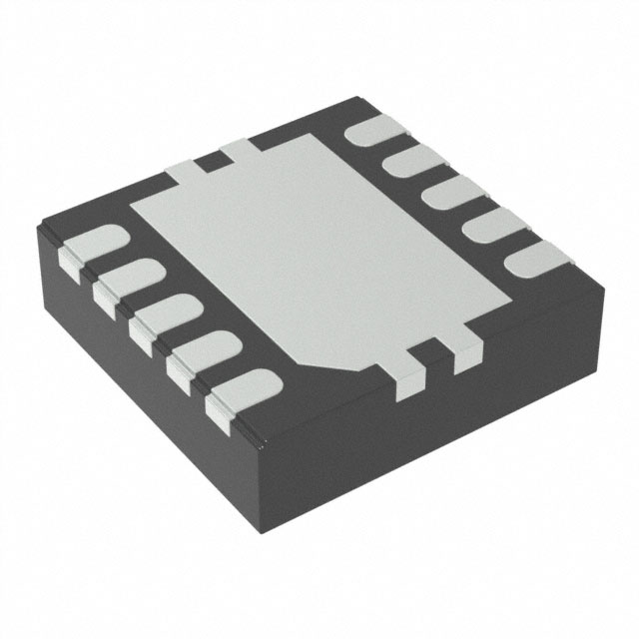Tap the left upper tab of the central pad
pyautogui.click(x=181, y=172)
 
